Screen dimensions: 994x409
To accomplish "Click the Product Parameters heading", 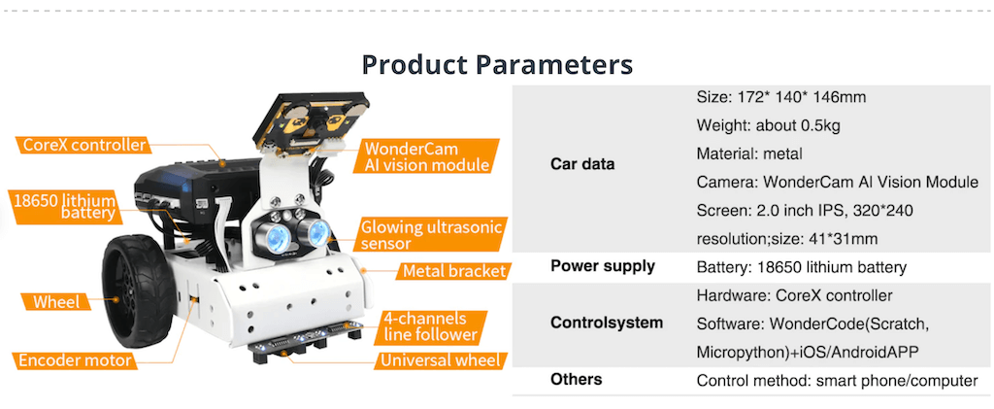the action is coord(497,65).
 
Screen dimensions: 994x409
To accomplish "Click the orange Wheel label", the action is coord(56,301).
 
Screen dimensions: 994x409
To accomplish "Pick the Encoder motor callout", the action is coord(75,360).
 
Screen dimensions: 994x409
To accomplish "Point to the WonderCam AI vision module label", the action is coord(427,156).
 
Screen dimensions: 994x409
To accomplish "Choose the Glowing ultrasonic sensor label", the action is coord(431,235).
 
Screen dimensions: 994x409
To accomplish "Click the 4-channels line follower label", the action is coord(429,326).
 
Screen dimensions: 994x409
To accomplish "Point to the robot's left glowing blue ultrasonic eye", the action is coord(275,235).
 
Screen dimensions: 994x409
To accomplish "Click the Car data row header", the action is coord(582,164).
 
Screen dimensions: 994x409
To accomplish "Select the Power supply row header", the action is coord(603,266).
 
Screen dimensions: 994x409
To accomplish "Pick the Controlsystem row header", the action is coord(607,323).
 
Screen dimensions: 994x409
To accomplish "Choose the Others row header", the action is coord(577,379).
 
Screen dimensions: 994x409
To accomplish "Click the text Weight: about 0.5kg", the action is coord(769,125).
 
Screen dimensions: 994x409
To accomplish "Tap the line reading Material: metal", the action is coord(749,154).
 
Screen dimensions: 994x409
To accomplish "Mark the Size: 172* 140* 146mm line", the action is coord(781,98).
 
